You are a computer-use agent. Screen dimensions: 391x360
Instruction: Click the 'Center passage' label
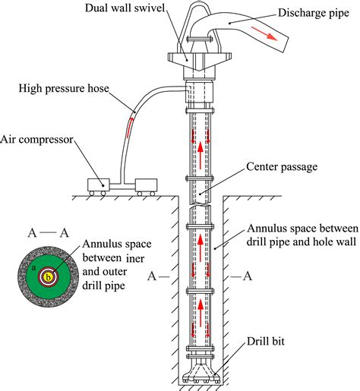[x=277, y=166]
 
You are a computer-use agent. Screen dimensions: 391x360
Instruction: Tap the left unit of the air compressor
[x=97, y=184]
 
